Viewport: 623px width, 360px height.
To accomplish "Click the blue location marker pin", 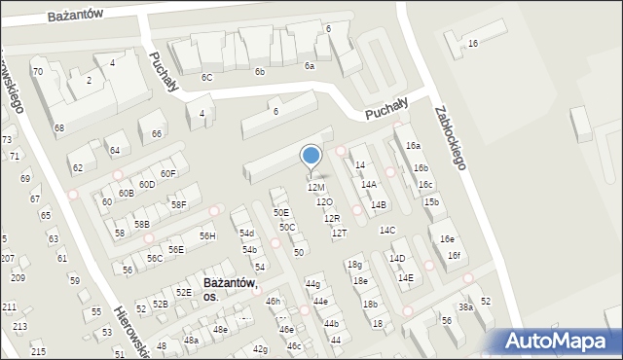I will click(x=311, y=158).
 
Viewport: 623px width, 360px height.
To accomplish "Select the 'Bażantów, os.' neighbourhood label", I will click(x=230, y=289).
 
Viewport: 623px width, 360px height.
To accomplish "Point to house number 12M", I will click(x=316, y=187).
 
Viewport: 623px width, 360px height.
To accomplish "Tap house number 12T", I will click(x=339, y=233).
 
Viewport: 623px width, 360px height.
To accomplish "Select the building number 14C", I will click(x=387, y=231).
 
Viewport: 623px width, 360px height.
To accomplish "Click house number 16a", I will click(x=414, y=145).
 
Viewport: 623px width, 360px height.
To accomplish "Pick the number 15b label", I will click(x=431, y=202).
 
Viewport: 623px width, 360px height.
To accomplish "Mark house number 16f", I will click(x=454, y=256).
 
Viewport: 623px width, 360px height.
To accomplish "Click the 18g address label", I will click(x=355, y=265).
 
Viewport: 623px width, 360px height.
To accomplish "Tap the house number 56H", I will click(x=207, y=236).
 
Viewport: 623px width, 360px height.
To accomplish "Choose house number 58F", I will click(x=178, y=204).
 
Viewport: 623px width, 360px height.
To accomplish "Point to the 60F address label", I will click(x=168, y=173).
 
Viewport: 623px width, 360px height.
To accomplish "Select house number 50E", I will click(x=280, y=212).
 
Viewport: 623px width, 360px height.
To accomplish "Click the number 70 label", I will click(x=37, y=72).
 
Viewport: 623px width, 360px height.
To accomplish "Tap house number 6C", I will click(x=206, y=77).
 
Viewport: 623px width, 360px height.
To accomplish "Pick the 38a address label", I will click(x=466, y=307).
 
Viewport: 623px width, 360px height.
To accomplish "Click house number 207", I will click(x=8, y=258).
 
